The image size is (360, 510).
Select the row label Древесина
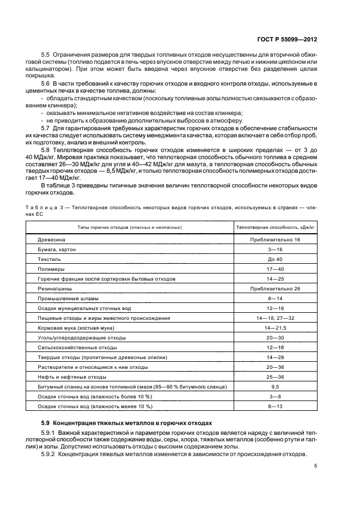click(52, 240)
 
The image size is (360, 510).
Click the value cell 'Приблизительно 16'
click(275, 240)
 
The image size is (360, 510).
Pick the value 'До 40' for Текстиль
click(275, 259)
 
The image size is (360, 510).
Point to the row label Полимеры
click(51, 269)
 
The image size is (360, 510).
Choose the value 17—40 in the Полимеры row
click(275, 269)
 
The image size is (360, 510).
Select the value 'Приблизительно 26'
click(275, 289)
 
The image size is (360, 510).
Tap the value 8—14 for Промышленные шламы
click(275, 299)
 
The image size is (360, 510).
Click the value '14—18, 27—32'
click(275, 318)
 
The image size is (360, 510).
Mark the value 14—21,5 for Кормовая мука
click(275, 328)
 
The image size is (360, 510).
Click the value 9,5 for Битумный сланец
click(275, 387)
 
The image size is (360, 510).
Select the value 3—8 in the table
click(275, 397)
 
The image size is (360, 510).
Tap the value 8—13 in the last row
click(275, 406)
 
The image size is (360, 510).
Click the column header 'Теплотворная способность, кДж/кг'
click(275, 226)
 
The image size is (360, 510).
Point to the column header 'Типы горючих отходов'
click(130, 226)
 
